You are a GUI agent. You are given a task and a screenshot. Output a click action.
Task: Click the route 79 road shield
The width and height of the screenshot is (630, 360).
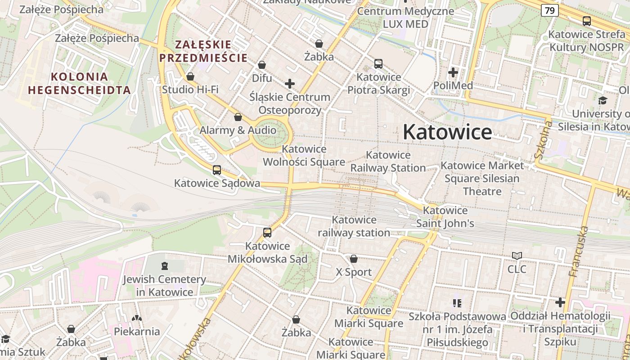coord(550,10)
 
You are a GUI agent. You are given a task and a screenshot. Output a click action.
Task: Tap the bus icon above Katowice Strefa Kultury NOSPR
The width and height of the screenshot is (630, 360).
coord(587,21)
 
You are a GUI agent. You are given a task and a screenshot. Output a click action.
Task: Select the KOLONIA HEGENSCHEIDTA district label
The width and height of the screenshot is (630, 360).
coord(79,83)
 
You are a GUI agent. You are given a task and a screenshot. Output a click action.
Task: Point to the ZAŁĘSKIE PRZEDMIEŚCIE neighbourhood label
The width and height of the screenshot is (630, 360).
coord(203,51)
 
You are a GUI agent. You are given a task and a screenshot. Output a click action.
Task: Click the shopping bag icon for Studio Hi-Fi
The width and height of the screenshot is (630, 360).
coord(190,76)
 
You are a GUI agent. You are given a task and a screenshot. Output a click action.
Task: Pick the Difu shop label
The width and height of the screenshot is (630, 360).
coord(262,78)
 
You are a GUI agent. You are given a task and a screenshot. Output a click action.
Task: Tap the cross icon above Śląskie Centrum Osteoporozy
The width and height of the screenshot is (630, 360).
coord(290,84)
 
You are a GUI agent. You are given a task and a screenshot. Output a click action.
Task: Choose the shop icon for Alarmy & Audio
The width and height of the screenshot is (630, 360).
coord(238,117)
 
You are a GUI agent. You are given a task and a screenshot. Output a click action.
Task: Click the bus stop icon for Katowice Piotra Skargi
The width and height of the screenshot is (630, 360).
coord(378,64)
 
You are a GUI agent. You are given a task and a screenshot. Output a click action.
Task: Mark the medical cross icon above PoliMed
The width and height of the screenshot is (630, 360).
coord(453,72)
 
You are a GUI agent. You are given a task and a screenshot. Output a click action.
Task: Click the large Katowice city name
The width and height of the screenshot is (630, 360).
coord(447,132)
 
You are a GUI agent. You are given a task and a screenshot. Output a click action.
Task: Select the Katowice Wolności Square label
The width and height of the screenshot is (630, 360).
coord(304,155)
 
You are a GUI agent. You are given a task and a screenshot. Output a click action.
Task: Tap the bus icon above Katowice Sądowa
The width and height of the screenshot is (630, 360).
coord(217,170)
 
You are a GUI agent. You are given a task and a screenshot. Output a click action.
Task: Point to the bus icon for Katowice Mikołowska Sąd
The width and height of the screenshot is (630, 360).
coord(267,233)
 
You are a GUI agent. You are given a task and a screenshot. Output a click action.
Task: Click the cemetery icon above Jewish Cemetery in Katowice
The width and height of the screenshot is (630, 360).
coord(164,266)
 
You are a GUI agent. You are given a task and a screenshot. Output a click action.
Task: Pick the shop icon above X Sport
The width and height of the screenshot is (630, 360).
coord(354,259)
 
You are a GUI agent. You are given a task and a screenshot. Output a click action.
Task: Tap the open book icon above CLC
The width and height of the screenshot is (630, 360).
coord(517,256)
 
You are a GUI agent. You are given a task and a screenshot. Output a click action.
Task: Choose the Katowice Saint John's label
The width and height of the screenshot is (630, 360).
coord(445,217)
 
